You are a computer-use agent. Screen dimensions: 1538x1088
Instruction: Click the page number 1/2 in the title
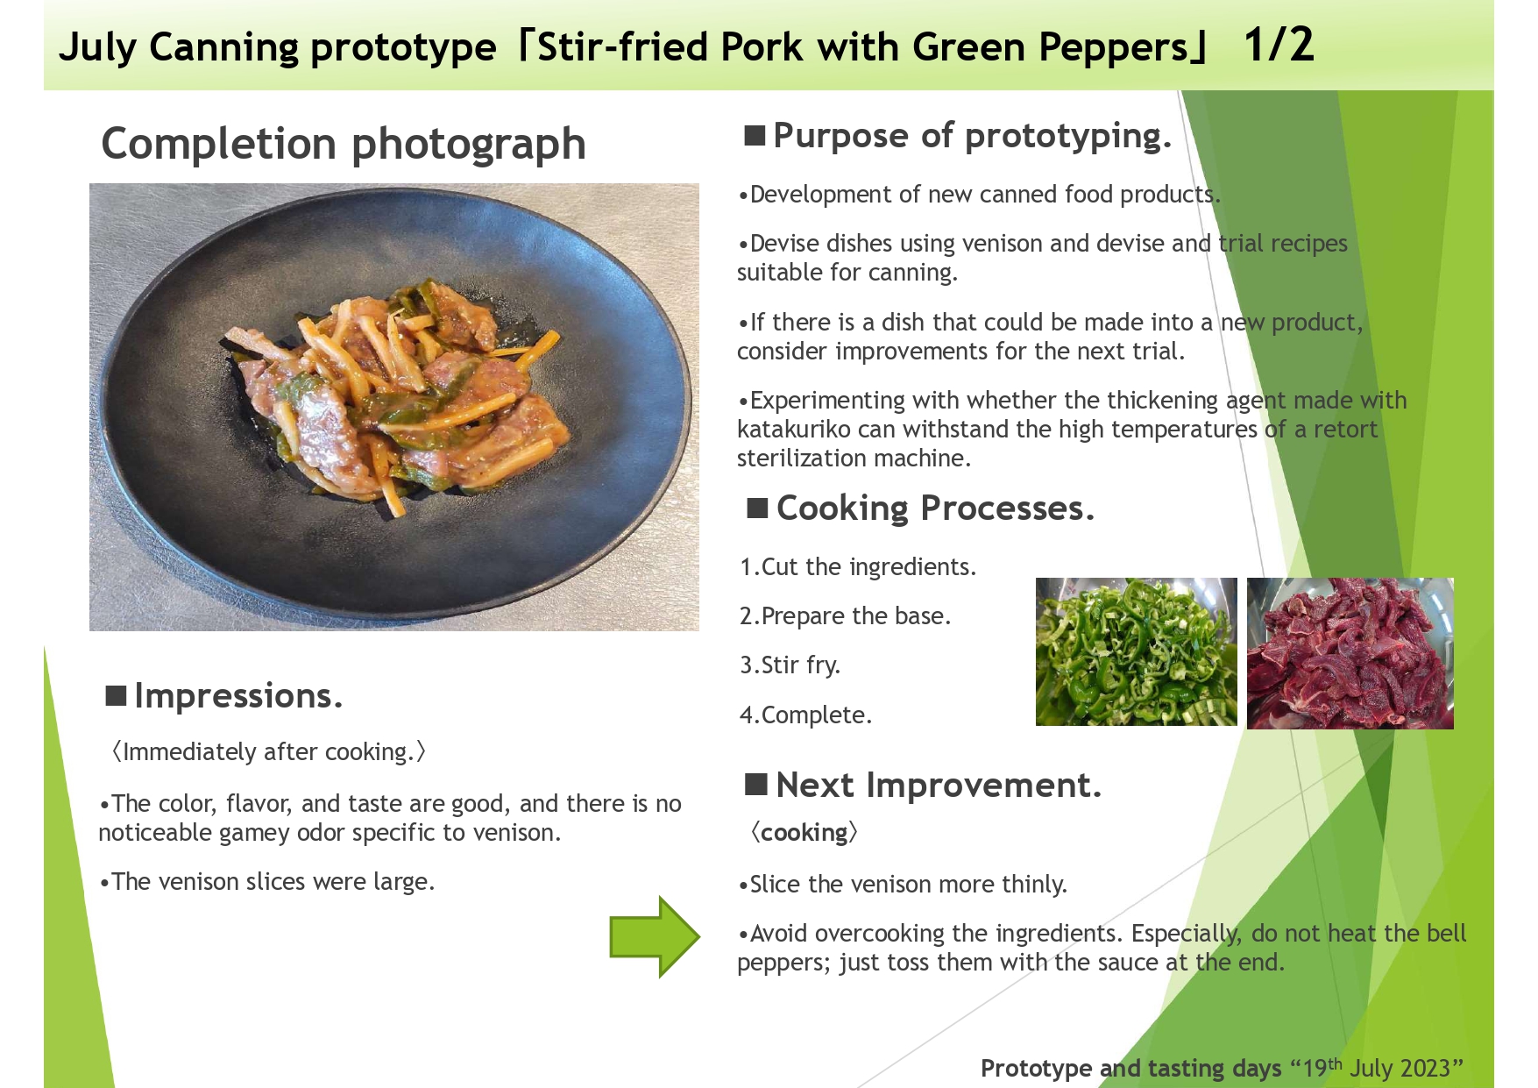(x=1279, y=45)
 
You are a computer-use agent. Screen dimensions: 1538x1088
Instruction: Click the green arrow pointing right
(x=655, y=937)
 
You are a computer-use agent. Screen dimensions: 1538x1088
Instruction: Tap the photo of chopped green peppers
(x=1136, y=651)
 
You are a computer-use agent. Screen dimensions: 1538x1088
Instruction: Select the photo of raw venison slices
(x=1350, y=653)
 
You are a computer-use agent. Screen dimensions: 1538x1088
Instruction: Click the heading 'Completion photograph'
(x=344, y=144)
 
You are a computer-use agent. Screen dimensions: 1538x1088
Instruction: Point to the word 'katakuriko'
(x=794, y=430)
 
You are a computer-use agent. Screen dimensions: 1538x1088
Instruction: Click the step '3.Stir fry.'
(x=790, y=665)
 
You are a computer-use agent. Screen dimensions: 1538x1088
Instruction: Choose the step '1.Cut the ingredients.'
(x=858, y=567)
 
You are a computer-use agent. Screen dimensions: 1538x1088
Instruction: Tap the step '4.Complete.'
(x=806, y=715)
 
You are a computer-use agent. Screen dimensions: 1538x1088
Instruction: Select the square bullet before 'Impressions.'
(x=116, y=696)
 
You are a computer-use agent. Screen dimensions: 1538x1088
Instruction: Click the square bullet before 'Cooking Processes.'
(x=757, y=508)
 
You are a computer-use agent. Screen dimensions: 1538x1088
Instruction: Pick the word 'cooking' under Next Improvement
(x=804, y=832)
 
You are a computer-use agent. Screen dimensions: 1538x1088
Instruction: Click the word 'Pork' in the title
(x=761, y=47)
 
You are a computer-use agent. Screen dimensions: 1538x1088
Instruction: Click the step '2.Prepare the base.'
(x=846, y=616)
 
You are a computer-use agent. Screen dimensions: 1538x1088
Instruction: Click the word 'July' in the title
(x=97, y=47)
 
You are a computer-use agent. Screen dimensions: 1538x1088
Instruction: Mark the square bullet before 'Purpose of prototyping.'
(x=755, y=136)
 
